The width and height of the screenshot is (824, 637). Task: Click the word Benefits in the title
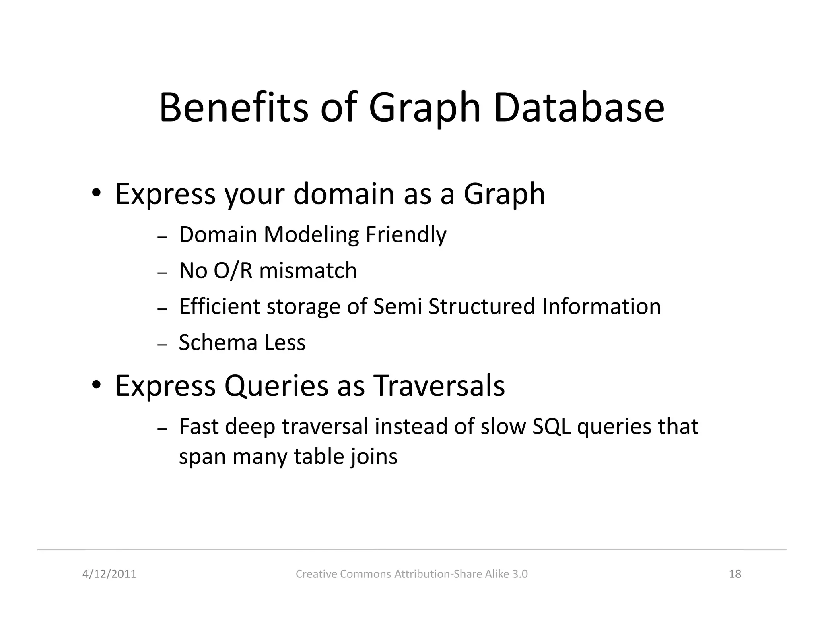coord(234,108)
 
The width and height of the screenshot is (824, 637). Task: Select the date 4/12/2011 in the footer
coord(109,574)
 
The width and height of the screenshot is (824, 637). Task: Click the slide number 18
coord(735,574)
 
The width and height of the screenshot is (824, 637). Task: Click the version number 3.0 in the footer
coord(520,574)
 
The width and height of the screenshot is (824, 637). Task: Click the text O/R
coord(233,270)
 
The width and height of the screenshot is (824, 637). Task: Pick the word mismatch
coord(308,270)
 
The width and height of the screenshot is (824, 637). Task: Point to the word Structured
coord(482,306)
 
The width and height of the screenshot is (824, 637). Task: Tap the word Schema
coord(218,343)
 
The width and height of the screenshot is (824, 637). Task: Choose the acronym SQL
coord(551,426)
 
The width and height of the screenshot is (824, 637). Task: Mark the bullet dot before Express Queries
coord(96,385)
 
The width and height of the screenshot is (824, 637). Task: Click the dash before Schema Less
coord(162,345)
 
